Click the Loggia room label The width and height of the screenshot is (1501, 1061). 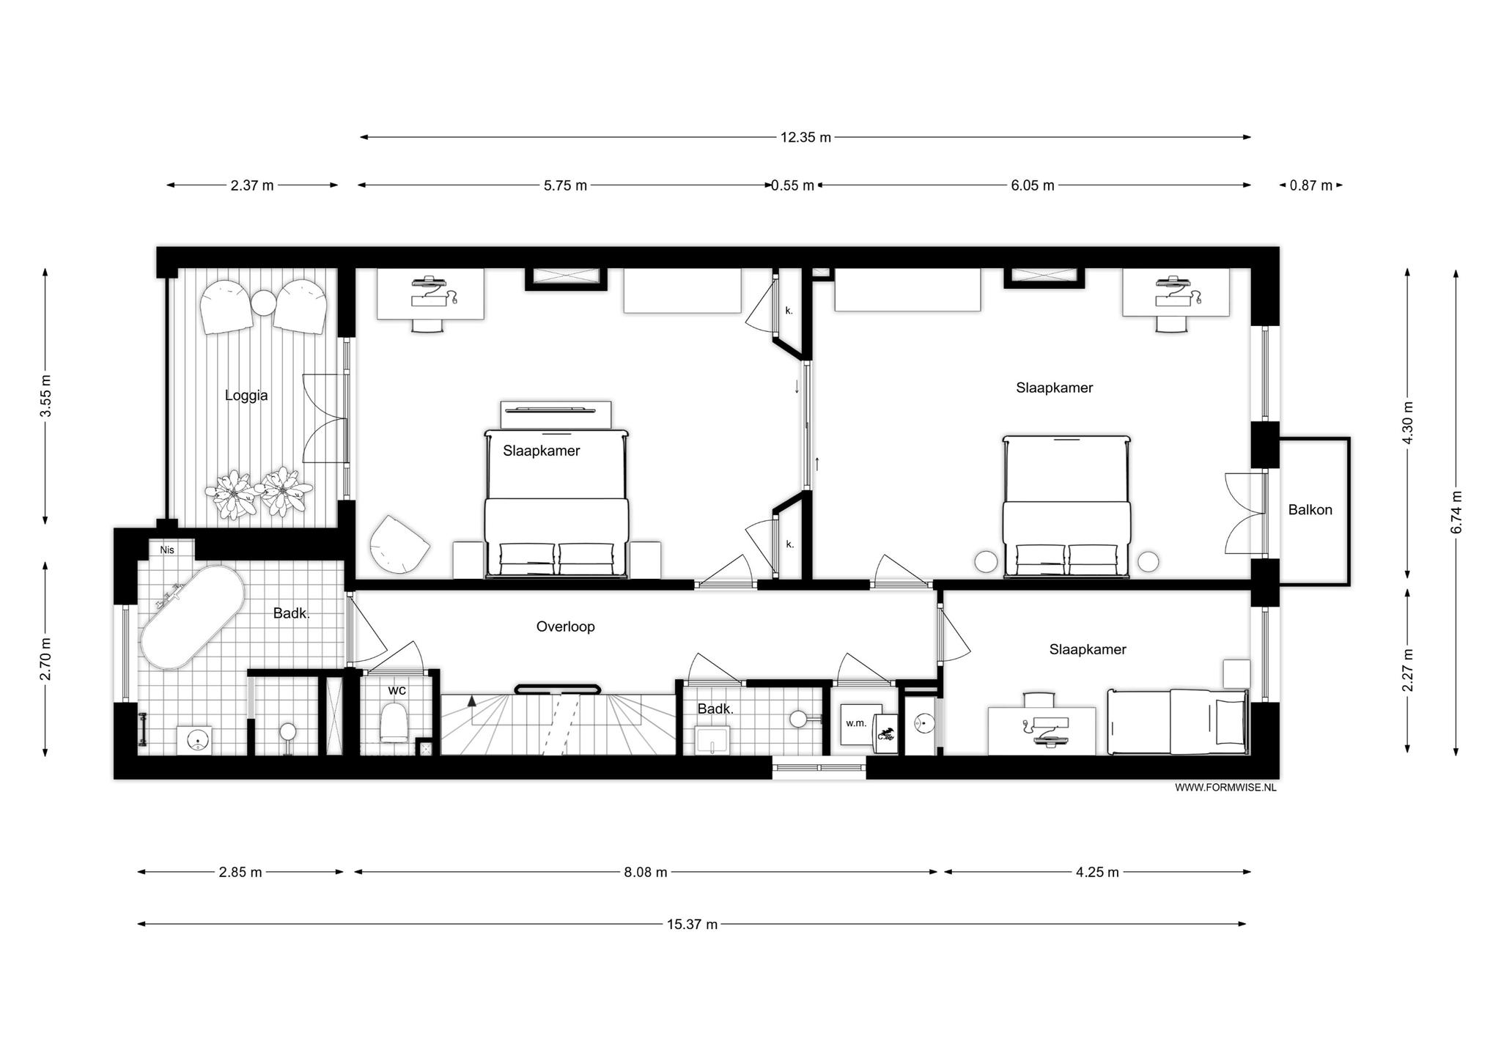point(246,396)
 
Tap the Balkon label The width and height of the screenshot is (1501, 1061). point(1310,510)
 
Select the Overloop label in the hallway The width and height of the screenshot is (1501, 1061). point(565,626)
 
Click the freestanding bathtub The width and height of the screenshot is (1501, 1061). point(193,617)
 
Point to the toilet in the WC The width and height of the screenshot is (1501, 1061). point(394,722)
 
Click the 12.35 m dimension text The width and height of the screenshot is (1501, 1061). point(805,137)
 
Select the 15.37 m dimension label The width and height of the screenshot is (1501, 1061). point(692,925)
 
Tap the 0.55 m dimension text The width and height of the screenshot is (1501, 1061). point(792,185)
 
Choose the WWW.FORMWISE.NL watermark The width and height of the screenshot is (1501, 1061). point(1225,788)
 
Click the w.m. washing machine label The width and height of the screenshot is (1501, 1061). point(856,723)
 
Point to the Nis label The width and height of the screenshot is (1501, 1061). point(167,550)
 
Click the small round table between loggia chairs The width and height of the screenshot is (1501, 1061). point(263,302)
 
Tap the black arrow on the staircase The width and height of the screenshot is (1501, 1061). point(472,701)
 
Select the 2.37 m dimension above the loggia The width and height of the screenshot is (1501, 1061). point(252,185)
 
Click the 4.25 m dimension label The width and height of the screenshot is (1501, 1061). point(1097,872)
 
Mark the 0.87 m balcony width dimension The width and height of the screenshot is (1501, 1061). point(1311,185)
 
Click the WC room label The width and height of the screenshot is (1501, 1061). point(397,690)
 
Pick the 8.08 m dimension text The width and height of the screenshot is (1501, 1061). point(646,872)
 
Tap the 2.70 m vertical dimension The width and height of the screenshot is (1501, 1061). point(45,659)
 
